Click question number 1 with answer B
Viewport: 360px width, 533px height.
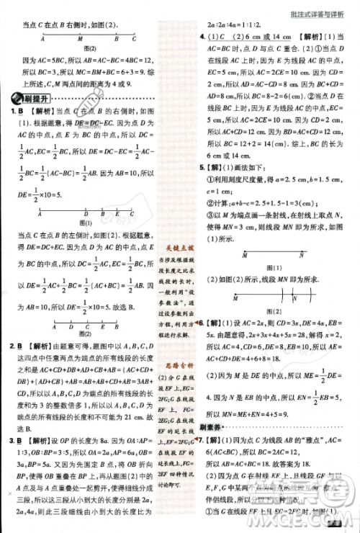tap(13, 112)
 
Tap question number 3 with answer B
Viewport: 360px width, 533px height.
tap(13, 439)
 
